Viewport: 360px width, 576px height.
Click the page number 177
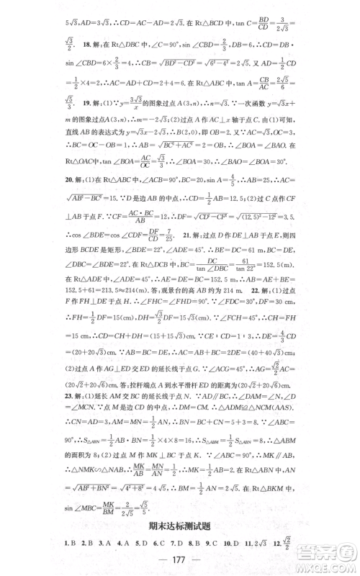180,562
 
